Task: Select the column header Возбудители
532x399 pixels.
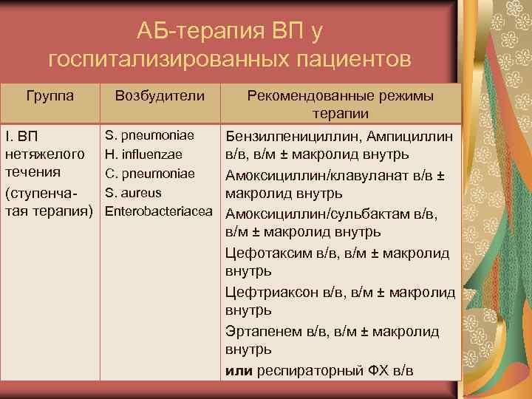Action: pyautogui.click(x=160, y=96)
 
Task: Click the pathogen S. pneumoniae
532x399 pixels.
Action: pyautogui.click(x=150, y=136)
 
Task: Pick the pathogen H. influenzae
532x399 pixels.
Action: pyautogui.click(x=147, y=155)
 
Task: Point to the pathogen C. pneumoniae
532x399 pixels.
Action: pyautogui.click(x=150, y=174)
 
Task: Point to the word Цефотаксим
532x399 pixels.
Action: pyautogui.click(x=265, y=253)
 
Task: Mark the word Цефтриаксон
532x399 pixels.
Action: pyautogui.click(x=271, y=291)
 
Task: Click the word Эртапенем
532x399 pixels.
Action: pyautogui.click(x=262, y=330)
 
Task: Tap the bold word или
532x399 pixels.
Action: pyautogui.click(x=239, y=369)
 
